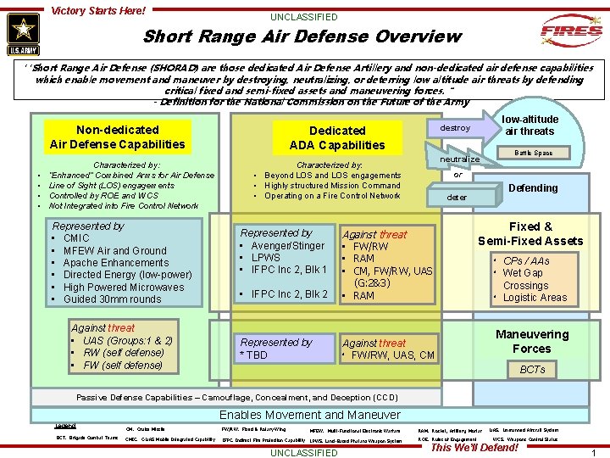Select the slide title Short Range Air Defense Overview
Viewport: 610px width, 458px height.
pyautogui.click(x=302, y=36)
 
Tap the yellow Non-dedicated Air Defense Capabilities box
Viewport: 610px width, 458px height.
pyautogui.click(x=117, y=137)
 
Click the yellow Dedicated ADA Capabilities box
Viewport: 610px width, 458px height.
pyautogui.click(x=337, y=137)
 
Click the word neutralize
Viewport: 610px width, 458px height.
pyautogui.click(x=460, y=159)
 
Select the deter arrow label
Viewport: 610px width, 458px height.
pyautogui.click(x=457, y=197)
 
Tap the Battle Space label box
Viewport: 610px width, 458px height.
pyautogui.click(x=532, y=154)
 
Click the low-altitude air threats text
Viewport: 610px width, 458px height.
pyautogui.click(x=530, y=126)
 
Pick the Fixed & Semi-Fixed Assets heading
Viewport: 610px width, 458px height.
pyautogui.click(x=530, y=234)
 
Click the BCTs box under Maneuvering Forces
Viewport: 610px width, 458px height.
pyautogui.click(x=532, y=370)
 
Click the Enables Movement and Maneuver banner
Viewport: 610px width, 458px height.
pyautogui.click(x=309, y=415)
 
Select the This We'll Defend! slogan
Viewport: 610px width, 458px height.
pyautogui.click(x=475, y=447)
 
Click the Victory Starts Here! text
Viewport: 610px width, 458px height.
pyautogui.click(x=98, y=11)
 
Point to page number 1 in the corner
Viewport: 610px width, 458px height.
pyautogui.click(x=593, y=453)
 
